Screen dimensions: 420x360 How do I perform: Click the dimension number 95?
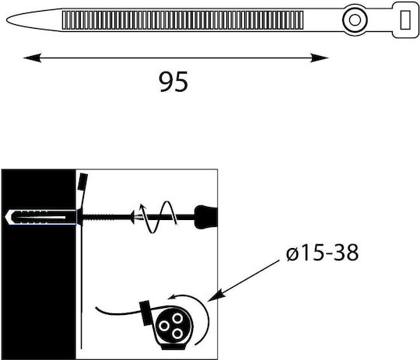pyautogui.click(x=173, y=82)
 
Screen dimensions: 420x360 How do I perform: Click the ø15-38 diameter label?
pyautogui.click(x=322, y=253)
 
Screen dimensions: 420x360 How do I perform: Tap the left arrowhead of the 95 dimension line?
pyautogui.click(x=32, y=58)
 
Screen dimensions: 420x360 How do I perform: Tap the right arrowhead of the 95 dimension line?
pyautogui.click(x=320, y=58)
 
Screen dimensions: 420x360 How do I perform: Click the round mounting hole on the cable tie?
pyautogui.click(x=355, y=20)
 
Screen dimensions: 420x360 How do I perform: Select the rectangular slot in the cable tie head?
pyautogui.click(x=405, y=19)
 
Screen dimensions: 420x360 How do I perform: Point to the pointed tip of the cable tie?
pyautogui.click(x=8, y=20)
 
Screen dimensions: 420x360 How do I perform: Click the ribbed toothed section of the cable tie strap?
pyautogui.click(x=183, y=20)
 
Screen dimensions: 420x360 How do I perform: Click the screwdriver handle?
pyautogui.click(x=206, y=217)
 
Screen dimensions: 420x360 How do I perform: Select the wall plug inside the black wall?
pyautogui.click(x=40, y=217)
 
